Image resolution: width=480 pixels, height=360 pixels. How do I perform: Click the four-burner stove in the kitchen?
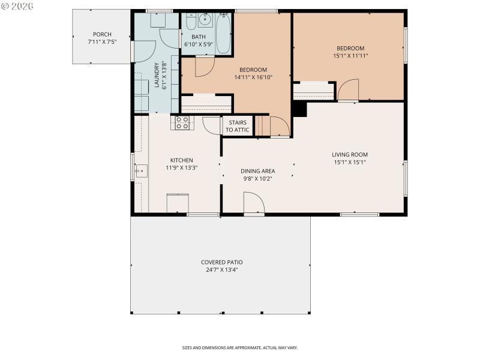pyautogui.click(x=182, y=122)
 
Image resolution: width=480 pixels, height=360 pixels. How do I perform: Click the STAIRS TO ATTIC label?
pyautogui.click(x=238, y=126)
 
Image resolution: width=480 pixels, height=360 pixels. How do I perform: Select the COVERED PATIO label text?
pyautogui.click(x=221, y=262)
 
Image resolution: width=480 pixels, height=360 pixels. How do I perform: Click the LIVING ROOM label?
pyautogui.click(x=350, y=154)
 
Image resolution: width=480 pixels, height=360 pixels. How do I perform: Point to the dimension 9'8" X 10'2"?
pyautogui.click(x=258, y=178)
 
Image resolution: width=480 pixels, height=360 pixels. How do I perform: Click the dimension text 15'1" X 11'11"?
pyautogui.click(x=350, y=56)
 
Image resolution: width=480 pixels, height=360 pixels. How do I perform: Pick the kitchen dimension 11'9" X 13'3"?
pyautogui.click(x=181, y=167)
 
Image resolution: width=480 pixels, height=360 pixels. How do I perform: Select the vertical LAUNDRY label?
pyautogui.click(x=157, y=75)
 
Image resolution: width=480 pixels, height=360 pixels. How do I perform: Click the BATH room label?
pyautogui.click(x=198, y=37)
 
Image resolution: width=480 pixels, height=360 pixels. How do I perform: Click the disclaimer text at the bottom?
pyautogui.click(x=239, y=347)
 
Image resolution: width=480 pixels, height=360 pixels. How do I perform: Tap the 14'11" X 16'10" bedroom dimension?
pyautogui.click(x=253, y=77)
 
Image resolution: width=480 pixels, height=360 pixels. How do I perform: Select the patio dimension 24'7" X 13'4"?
pyautogui.click(x=221, y=270)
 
